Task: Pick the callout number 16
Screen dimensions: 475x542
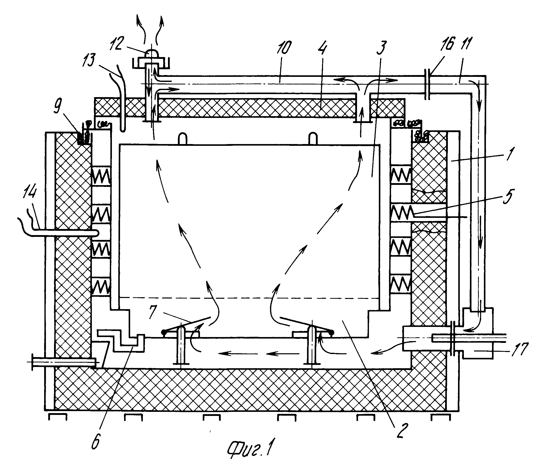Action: click(448, 44)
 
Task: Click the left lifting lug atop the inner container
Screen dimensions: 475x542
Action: click(183, 139)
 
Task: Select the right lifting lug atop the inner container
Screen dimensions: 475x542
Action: click(313, 139)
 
